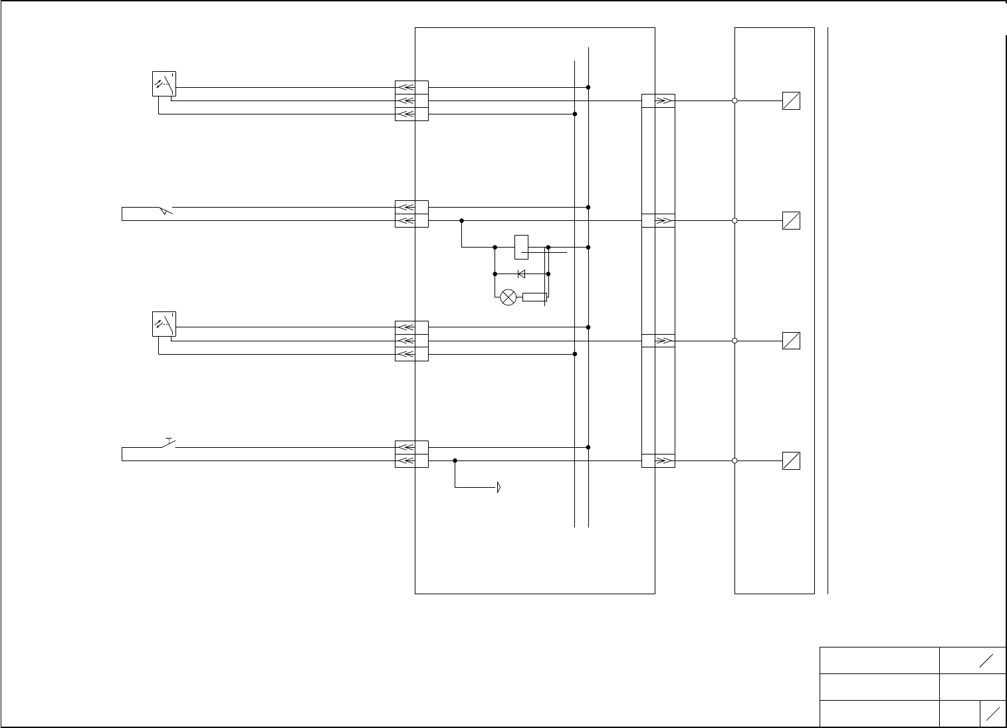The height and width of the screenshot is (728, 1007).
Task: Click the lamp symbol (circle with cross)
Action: (x=508, y=297)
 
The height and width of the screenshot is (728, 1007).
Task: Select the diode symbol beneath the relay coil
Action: (x=521, y=273)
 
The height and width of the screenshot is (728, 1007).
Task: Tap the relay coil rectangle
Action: (x=521, y=247)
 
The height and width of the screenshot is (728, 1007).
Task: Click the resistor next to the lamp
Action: (x=534, y=297)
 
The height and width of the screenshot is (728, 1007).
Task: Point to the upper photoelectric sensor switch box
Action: (x=164, y=84)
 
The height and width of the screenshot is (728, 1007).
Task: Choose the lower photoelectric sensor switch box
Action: (x=164, y=323)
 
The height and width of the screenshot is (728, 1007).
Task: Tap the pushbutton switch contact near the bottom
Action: (x=169, y=443)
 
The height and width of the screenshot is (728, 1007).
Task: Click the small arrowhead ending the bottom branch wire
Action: (x=499, y=488)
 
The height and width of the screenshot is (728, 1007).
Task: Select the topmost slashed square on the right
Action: (x=791, y=100)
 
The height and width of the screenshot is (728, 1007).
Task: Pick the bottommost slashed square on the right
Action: (x=791, y=460)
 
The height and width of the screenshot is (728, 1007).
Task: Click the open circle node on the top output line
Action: (x=734, y=100)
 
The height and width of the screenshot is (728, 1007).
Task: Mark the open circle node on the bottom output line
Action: (x=734, y=460)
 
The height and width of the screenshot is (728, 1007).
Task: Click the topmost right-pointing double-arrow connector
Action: (x=664, y=101)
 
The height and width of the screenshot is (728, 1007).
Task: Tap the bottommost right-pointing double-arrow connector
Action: (x=664, y=460)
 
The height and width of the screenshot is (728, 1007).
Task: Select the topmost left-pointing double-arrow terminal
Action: (x=405, y=87)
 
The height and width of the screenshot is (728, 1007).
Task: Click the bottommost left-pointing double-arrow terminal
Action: (x=405, y=460)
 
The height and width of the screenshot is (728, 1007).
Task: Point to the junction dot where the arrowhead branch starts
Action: (x=455, y=460)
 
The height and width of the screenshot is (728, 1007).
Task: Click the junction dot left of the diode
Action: (x=495, y=273)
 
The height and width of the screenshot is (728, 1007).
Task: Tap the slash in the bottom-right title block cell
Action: (x=993, y=714)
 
